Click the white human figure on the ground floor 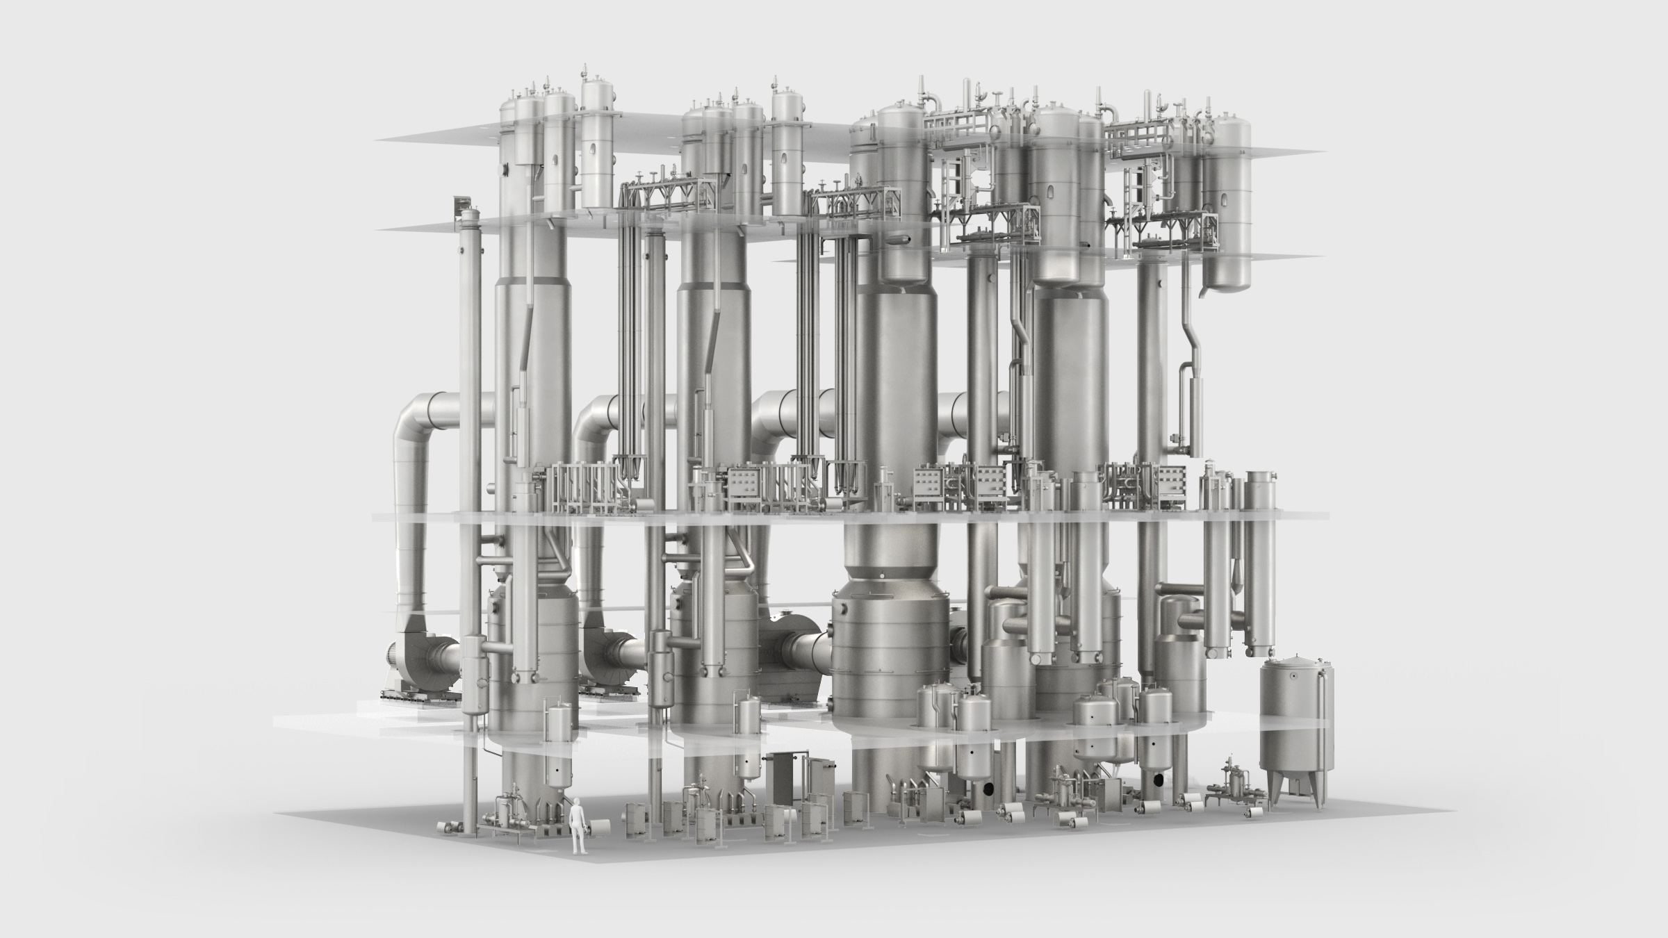[577, 831]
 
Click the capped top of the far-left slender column [471, 213]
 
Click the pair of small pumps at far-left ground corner [452, 827]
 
